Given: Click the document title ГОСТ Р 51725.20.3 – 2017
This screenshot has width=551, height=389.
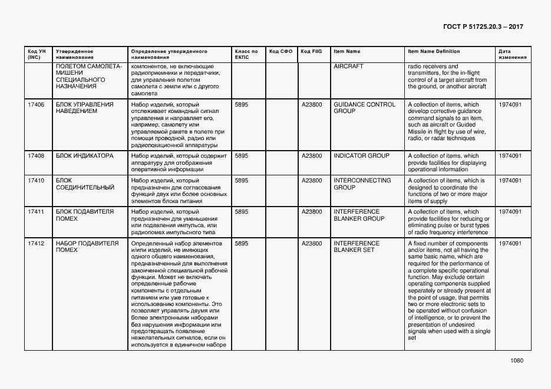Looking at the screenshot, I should pos(482,27).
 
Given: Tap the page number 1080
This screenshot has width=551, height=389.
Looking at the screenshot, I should pos(517,361).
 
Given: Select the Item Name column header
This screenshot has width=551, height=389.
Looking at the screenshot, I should pos(347,52).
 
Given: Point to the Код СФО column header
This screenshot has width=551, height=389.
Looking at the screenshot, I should pos(281,52).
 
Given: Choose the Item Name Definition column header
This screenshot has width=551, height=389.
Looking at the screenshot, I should pos(434,52).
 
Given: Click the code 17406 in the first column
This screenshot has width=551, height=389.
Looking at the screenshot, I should pos(36,105).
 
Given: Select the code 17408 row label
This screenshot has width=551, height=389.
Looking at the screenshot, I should pos(36,156).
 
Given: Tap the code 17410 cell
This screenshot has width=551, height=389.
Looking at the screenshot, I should pos(36,181).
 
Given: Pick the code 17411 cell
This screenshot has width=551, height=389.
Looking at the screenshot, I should pos(36,212).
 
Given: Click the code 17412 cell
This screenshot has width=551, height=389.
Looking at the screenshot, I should pos(36,243).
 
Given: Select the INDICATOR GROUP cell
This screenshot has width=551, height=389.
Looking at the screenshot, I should pos(361,156).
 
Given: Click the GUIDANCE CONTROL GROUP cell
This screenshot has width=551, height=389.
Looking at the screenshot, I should pos(364,108).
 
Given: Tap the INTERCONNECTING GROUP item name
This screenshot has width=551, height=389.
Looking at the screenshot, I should pos(362,184).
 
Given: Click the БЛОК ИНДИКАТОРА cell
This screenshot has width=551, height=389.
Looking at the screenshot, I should pos(84,156).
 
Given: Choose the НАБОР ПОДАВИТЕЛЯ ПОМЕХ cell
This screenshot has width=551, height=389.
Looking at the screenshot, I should pos(87,247).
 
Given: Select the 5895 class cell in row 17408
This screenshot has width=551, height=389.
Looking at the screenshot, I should pos(241,156).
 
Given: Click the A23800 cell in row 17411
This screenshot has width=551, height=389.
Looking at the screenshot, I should pos(312,212).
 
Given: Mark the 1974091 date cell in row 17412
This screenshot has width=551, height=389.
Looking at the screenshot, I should pos(510,243).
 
